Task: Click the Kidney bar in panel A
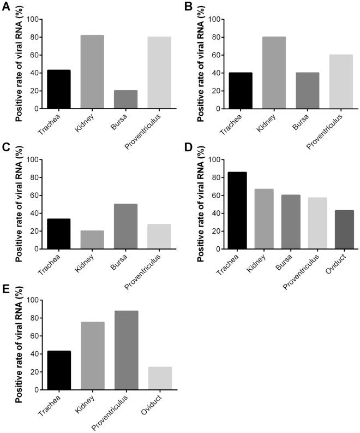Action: pyautogui.click(x=93, y=72)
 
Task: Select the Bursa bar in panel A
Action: pyautogui.click(x=126, y=99)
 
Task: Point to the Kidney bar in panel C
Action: pyautogui.click(x=93, y=239)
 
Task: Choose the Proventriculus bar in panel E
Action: pyautogui.click(x=126, y=350)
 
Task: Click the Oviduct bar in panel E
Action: pyautogui.click(x=160, y=378)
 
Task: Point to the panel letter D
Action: pyautogui.click(x=187, y=147)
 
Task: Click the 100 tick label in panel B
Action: pyautogui.click(x=214, y=20)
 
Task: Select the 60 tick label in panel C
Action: pyautogui.click(x=34, y=195)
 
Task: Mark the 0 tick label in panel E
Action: pyautogui.click(x=37, y=390)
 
